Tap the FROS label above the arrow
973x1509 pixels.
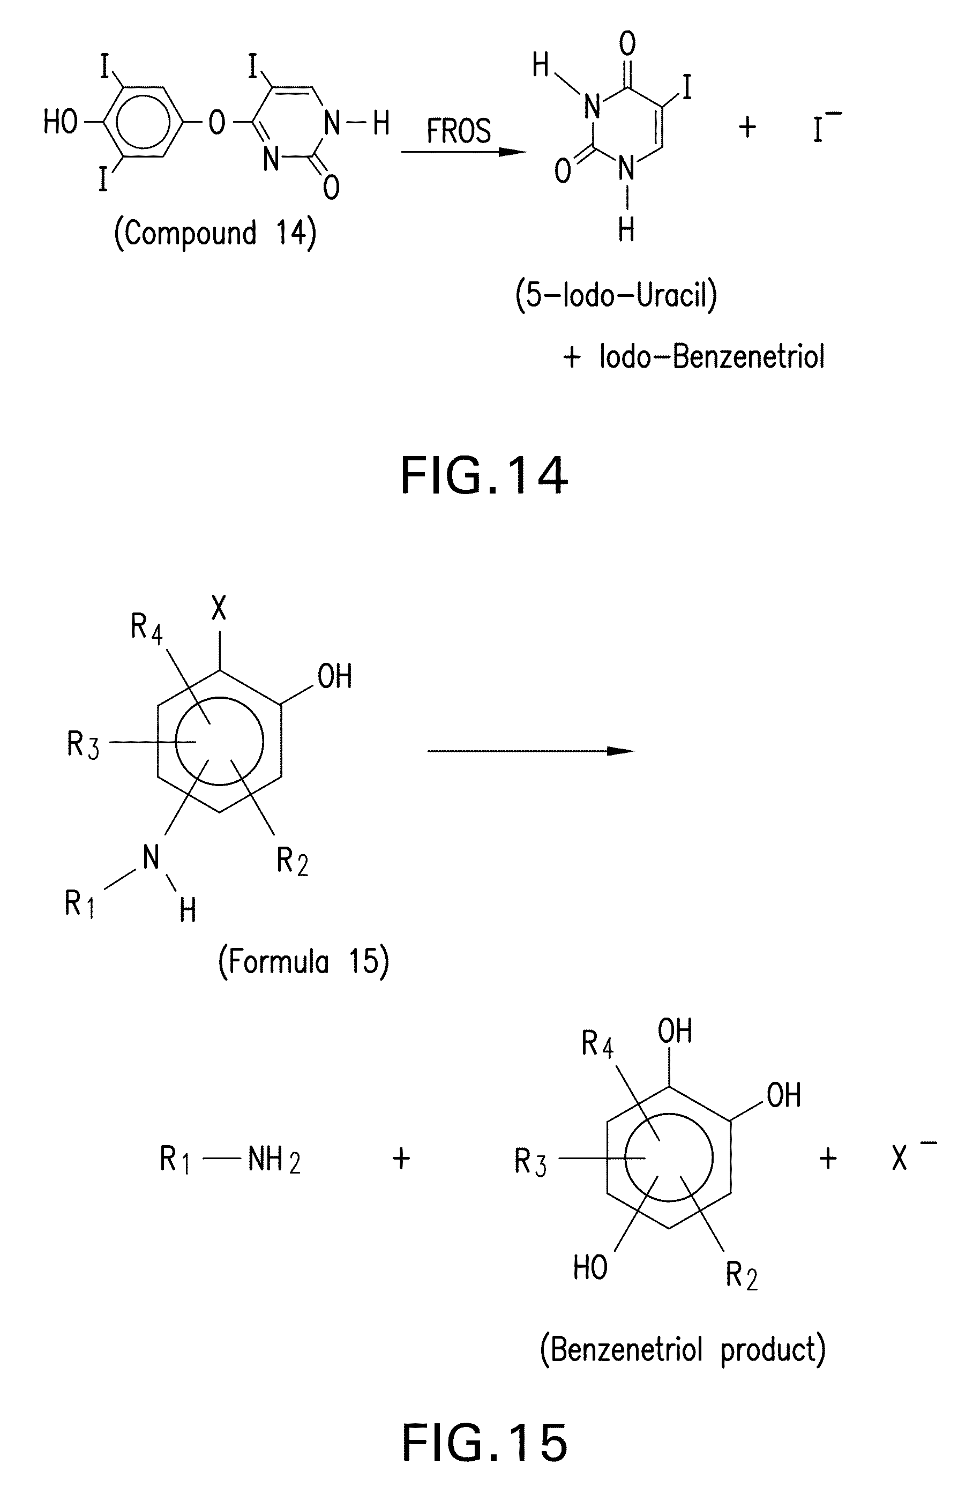[459, 131]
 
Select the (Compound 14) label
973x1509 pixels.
[215, 233]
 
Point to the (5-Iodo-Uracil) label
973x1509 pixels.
[616, 295]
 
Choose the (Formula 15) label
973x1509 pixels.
[303, 962]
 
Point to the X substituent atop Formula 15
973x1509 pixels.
[219, 609]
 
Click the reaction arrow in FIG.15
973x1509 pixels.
[531, 751]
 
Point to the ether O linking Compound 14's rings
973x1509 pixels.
[216, 123]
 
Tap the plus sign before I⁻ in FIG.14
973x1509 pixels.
[747, 127]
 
